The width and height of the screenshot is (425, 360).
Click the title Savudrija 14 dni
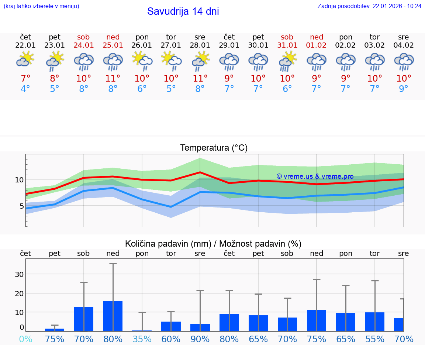click(183, 11)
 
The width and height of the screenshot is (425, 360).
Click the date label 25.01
click(113, 45)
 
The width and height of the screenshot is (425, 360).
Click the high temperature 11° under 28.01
click(200, 78)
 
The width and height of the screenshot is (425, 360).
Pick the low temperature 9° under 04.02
click(404, 89)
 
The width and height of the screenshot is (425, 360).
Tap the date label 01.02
click(317, 45)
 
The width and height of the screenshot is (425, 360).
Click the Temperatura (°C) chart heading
click(214, 148)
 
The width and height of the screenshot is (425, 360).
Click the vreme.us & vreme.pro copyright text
click(315, 176)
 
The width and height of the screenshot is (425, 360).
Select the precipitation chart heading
click(213, 244)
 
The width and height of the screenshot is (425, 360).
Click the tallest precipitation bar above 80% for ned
click(113, 316)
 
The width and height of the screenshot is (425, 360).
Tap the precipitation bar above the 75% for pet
click(55, 330)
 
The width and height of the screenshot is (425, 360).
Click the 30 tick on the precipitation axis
click(19, 274)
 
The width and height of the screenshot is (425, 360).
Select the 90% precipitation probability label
click(200, 339)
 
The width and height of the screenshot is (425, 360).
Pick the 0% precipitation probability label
click(25, 339)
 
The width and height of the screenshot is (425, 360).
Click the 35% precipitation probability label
click(142, 339)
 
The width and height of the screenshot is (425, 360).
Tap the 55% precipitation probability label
click(375, 339)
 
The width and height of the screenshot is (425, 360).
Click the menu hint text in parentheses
click(41, 6)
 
